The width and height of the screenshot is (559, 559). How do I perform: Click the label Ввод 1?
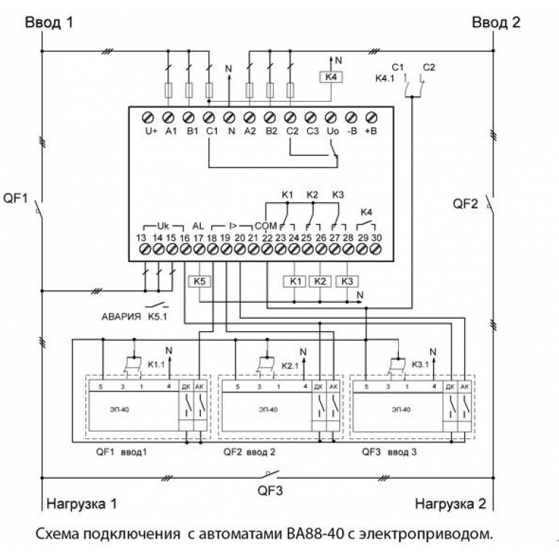click(x=50, y=22)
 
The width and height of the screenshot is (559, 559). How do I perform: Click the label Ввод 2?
click(x=496, y=22)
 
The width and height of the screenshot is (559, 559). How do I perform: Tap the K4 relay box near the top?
click(x=332, y=77)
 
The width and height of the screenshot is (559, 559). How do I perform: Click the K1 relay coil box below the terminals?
click(x=295, y=281)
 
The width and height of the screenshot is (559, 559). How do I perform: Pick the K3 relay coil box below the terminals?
click(x=347, y=281)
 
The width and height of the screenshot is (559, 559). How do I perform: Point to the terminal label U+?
click(x=151, y=131)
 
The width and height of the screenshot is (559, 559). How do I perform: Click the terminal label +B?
click(x=370, y=131)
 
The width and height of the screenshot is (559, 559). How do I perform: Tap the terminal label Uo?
click(x=331, y=131)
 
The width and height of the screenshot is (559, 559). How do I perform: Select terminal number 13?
click(x=143, y=237)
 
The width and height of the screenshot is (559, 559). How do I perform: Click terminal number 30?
click(x=376, y=237)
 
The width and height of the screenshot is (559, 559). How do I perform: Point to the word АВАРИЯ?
click(x=122, y=317)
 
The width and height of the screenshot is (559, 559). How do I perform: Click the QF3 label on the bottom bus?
click(x=270, y=490)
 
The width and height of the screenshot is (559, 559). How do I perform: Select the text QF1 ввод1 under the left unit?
click(x=123, y=452)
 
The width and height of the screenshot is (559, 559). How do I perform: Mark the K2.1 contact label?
click(x=290, y=365)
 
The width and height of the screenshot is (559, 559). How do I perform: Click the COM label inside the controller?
click(x=266, y=226)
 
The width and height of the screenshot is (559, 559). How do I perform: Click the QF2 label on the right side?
click(x=466, y=203)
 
